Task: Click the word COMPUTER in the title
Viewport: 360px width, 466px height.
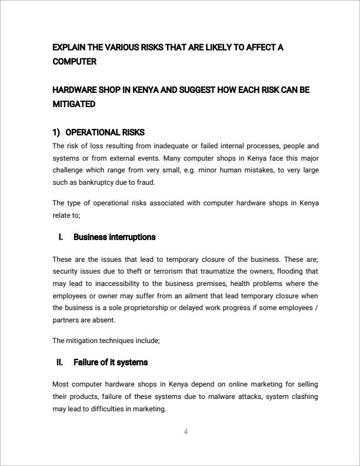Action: [x=74, y=61]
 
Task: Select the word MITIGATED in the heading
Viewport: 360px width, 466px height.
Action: [x=74, y=104]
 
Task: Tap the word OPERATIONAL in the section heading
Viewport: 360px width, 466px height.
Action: [x=91, y=132]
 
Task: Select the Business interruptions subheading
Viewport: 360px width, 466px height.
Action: [x=114, y=237]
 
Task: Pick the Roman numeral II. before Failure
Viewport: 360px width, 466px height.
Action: [x=60, y=362]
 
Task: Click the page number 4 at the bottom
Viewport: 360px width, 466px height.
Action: [x=185, y=432]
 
